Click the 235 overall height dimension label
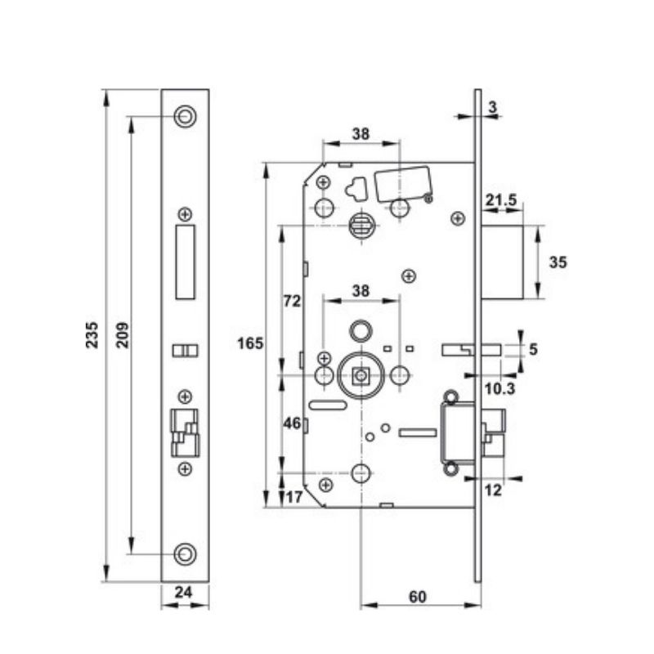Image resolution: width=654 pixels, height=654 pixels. point(92,335)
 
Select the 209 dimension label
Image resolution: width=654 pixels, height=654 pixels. point(123,335)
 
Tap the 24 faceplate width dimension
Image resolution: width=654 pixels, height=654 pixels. point(183,592)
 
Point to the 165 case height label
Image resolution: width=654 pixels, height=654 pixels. point(250,343)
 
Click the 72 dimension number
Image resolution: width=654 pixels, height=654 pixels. point(292,301)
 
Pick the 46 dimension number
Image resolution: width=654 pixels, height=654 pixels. point(292,423)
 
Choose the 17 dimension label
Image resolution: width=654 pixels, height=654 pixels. point(294,497)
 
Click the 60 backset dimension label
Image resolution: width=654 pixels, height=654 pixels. point(418,597)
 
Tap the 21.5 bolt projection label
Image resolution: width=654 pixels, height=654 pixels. point(500,200)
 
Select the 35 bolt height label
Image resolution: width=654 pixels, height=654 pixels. point(558,262)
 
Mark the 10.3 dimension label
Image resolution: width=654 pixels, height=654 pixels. point(499,389)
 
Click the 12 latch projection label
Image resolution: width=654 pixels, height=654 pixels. point(493,490)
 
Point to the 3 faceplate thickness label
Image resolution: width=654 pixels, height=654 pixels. point(493,107)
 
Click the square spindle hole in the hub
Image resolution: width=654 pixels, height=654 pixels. point(361,376)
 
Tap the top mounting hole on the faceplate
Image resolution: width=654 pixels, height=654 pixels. point(185,116)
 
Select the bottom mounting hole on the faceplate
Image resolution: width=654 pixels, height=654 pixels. point(185,554)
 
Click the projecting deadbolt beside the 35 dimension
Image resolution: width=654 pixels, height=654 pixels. point(502,262)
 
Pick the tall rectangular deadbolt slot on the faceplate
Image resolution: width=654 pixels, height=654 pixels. point(186,262)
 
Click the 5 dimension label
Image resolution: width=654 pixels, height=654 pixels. point(533,349)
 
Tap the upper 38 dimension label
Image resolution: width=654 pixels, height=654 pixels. point(361,134)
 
